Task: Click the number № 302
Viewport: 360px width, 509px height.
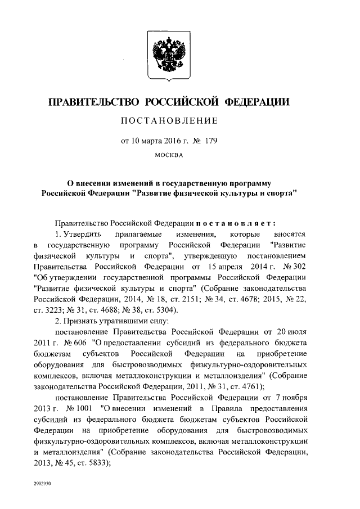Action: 292,267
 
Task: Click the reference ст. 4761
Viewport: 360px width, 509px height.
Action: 236,386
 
